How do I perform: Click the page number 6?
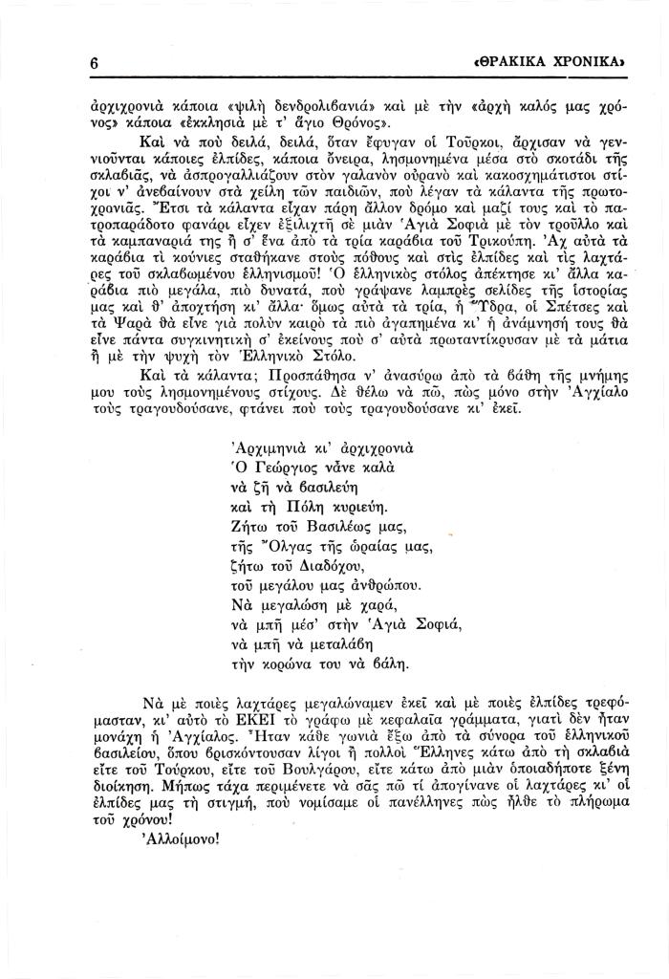[x=95, y=62]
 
